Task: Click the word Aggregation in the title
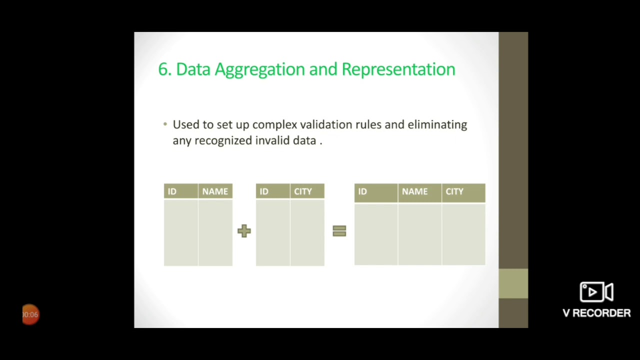point(260,69)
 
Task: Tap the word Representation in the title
point(398,69)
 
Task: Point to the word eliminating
point(437,124)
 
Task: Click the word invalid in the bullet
point(272,140)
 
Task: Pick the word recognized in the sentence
point(223,140)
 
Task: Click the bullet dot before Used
point(165,124)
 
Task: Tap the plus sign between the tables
point(244,230)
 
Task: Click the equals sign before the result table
point(339,230)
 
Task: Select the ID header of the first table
point(172,191)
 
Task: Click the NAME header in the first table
point(215,191)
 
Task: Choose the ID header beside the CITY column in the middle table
point(264,191)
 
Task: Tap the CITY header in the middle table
point(303,191)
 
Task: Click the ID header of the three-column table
point(362,191)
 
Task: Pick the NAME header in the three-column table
point(414,191)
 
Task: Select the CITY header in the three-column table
point(454,191)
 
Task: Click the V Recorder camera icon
point(596,292)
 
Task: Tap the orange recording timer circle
point(30,314)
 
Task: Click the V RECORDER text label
point(596,313)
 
